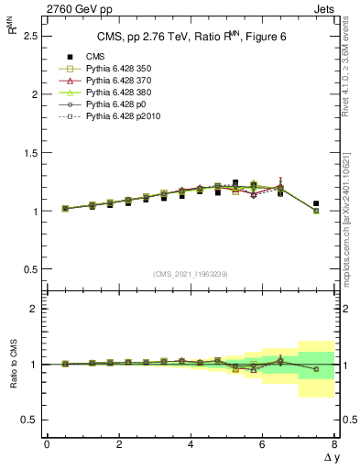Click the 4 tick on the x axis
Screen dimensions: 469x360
191,444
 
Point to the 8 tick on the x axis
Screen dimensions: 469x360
334,444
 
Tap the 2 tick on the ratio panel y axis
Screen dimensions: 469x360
35,310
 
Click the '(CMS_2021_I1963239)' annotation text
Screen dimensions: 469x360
190,274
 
